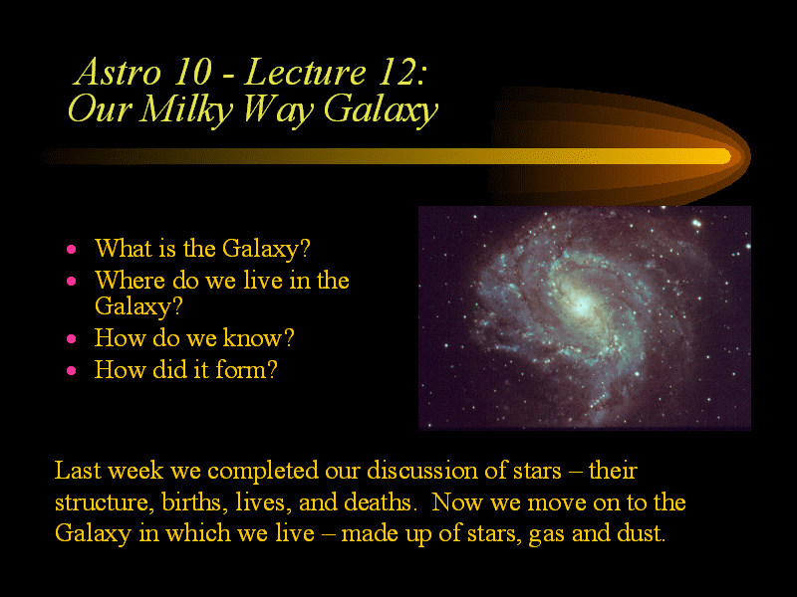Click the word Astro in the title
pos(118,72)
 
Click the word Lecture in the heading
pos(305,72)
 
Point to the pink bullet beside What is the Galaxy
pos(71,250)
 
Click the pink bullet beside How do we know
pos(71,338)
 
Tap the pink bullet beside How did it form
pos(71,370)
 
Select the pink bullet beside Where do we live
pos(71,282)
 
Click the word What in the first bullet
pos(124,248)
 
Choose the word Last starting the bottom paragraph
pos(78,471)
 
